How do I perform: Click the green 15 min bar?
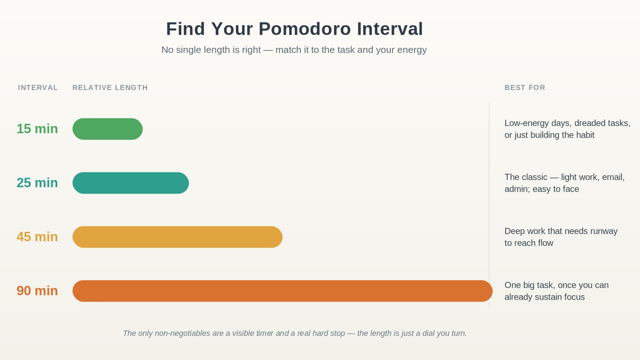point(108,129)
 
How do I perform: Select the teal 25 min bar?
point(130,183)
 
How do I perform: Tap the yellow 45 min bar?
point(178,237)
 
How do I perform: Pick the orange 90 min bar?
point(282,291)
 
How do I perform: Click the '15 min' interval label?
point(37,129)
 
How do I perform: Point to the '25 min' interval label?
point(37,183)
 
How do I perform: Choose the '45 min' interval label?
point(37,237)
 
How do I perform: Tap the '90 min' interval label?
point(37,291)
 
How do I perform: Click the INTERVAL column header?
point(38,88)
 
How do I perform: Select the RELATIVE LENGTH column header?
point(110,88)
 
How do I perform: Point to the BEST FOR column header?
point(525,88)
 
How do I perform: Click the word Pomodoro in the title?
point(304,29)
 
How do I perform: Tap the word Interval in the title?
point(390,29)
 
